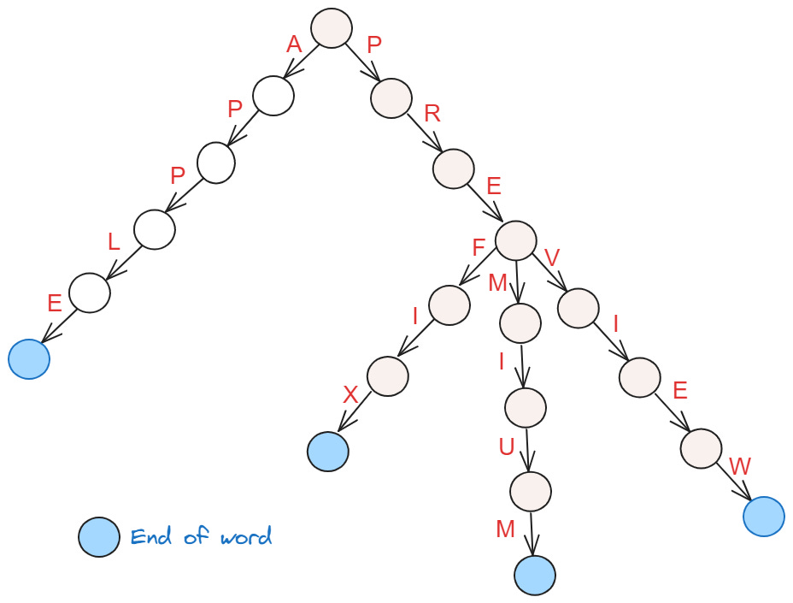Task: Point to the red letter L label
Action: click(113, 242)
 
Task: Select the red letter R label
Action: click(432, 115)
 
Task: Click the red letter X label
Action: click(350, 395)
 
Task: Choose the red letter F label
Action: click(479, 247)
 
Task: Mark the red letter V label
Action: click(551, 257)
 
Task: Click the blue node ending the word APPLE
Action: click(29, 359)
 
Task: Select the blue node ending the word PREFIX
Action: click(328, 452)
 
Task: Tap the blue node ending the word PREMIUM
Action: click(535, 575)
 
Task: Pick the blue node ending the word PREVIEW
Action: click(764, 517)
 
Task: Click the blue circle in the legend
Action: click(99, 537)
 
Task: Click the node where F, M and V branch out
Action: click(515, 240)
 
